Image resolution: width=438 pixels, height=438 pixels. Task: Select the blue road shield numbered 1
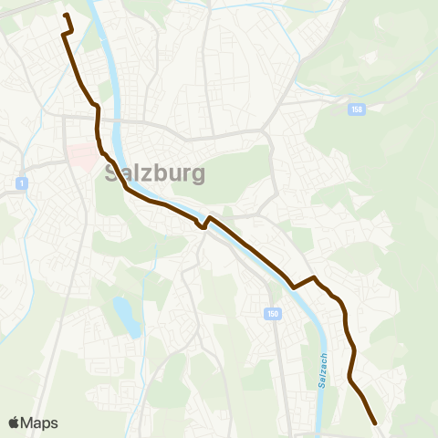click(19, 184)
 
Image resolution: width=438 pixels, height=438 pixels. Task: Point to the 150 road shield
click(273, 315)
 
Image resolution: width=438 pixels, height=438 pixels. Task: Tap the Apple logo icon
click(14, 422)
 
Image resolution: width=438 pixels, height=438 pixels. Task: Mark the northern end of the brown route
click(67, 16)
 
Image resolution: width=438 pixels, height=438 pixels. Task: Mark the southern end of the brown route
click(375, 423)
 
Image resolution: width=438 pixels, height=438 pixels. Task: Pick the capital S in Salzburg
click(112, 172)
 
